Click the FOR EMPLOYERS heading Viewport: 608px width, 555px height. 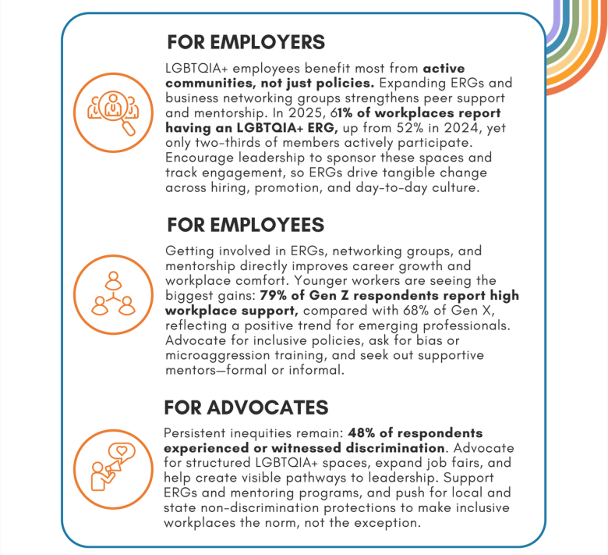coord(246,41)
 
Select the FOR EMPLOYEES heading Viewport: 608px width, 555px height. coord(246,225)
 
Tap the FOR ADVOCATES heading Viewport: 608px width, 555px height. coord(246,407)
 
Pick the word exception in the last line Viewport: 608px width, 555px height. coord(390,523)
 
